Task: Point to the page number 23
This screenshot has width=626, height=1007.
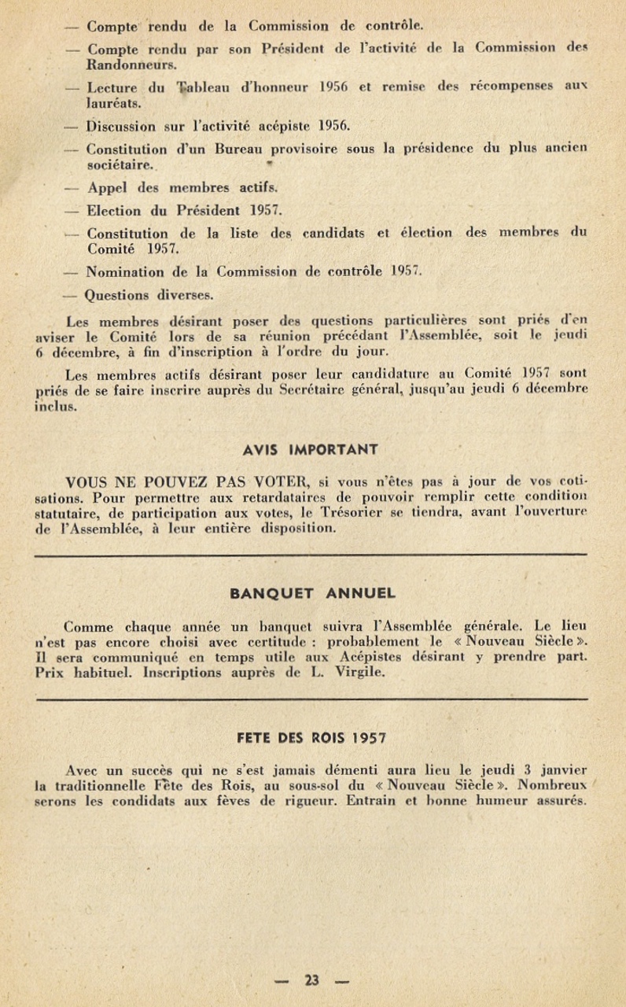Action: tap(311, 980)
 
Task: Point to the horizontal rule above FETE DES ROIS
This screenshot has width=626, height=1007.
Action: tap(311, 699)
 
